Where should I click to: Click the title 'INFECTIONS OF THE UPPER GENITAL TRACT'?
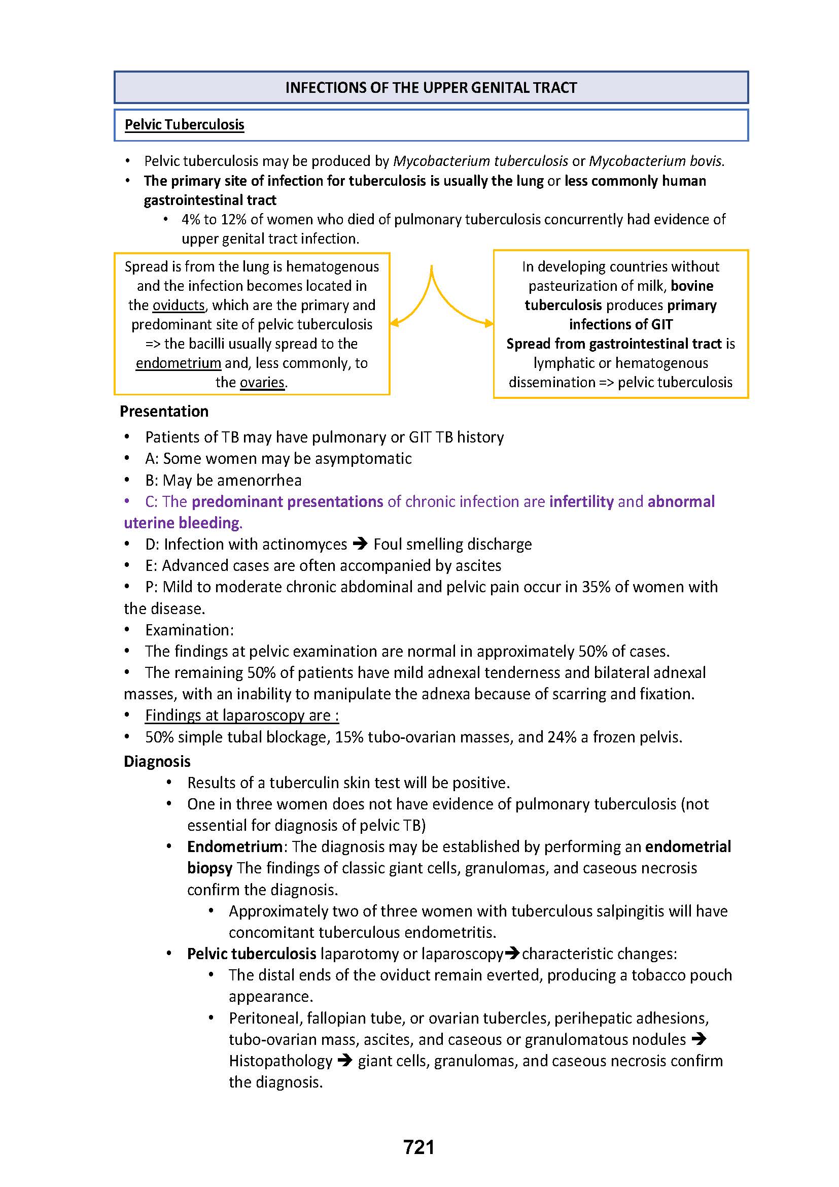[x=431, y=87]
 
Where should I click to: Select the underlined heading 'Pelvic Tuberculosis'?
[x=185, y=125]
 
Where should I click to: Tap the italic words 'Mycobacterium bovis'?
[x=655, y=161]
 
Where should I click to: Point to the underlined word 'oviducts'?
[x=179, y=305]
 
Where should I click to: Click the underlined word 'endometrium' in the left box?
[x=178, y=363]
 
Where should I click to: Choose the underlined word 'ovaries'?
[x=262, y=383]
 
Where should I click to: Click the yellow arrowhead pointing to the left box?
[x=394, y=323]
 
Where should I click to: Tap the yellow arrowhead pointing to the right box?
[x=488, y=324]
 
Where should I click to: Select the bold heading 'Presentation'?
[x=164, y=411]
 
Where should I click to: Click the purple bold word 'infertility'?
[x=581, y=501]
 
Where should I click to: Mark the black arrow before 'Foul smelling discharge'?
[x=360, y=544]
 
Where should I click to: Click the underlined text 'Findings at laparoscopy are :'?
[x=242, y=715]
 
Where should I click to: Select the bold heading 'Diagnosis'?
[x=157, y=762]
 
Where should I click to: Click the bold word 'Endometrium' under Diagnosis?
[x=234, y=846]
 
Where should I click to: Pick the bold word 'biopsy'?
[x=210, y=867]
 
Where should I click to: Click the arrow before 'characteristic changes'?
[x=512, y=954]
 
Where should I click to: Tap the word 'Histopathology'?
[x=281, y=1061]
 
